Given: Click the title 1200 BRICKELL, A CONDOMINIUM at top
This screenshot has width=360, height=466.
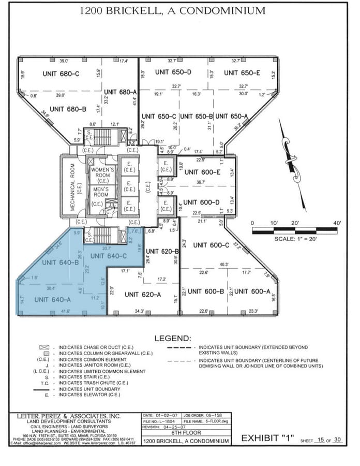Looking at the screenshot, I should point(180,11).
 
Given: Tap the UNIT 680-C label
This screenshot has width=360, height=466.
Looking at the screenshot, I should point(61,74).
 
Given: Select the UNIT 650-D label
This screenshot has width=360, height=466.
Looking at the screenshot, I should point(174,72).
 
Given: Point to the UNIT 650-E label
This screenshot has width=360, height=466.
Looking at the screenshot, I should point(242,72).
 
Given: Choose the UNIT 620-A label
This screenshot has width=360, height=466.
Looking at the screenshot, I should point(143,294).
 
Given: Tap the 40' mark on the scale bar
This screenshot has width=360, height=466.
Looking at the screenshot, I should point(337,223).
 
